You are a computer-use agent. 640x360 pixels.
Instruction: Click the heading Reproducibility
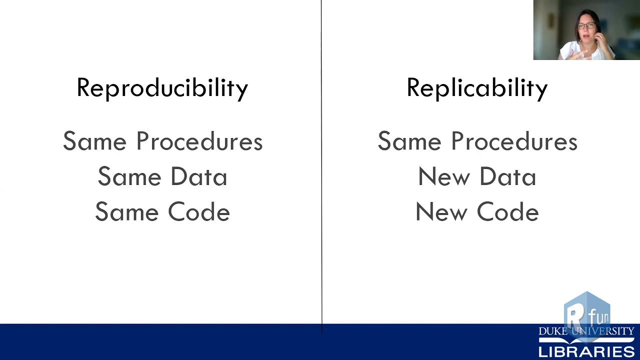pos(162,88)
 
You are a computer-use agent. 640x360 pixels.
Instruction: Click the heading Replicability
pos(477,88)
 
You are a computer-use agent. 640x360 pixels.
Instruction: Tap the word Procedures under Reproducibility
pos(199,141)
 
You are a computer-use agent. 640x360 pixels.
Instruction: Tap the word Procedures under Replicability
pos(514,141)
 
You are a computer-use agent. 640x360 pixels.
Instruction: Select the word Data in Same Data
pos(198,177)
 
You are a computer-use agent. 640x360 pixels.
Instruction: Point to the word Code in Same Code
pos(198,212)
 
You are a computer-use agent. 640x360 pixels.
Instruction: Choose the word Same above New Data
pos(409,141)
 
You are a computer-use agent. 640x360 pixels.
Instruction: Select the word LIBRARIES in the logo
pos(586,351)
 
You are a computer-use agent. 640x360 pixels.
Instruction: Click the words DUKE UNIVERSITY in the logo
pos(586,331)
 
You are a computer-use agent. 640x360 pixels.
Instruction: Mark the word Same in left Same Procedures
pos(94,141)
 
